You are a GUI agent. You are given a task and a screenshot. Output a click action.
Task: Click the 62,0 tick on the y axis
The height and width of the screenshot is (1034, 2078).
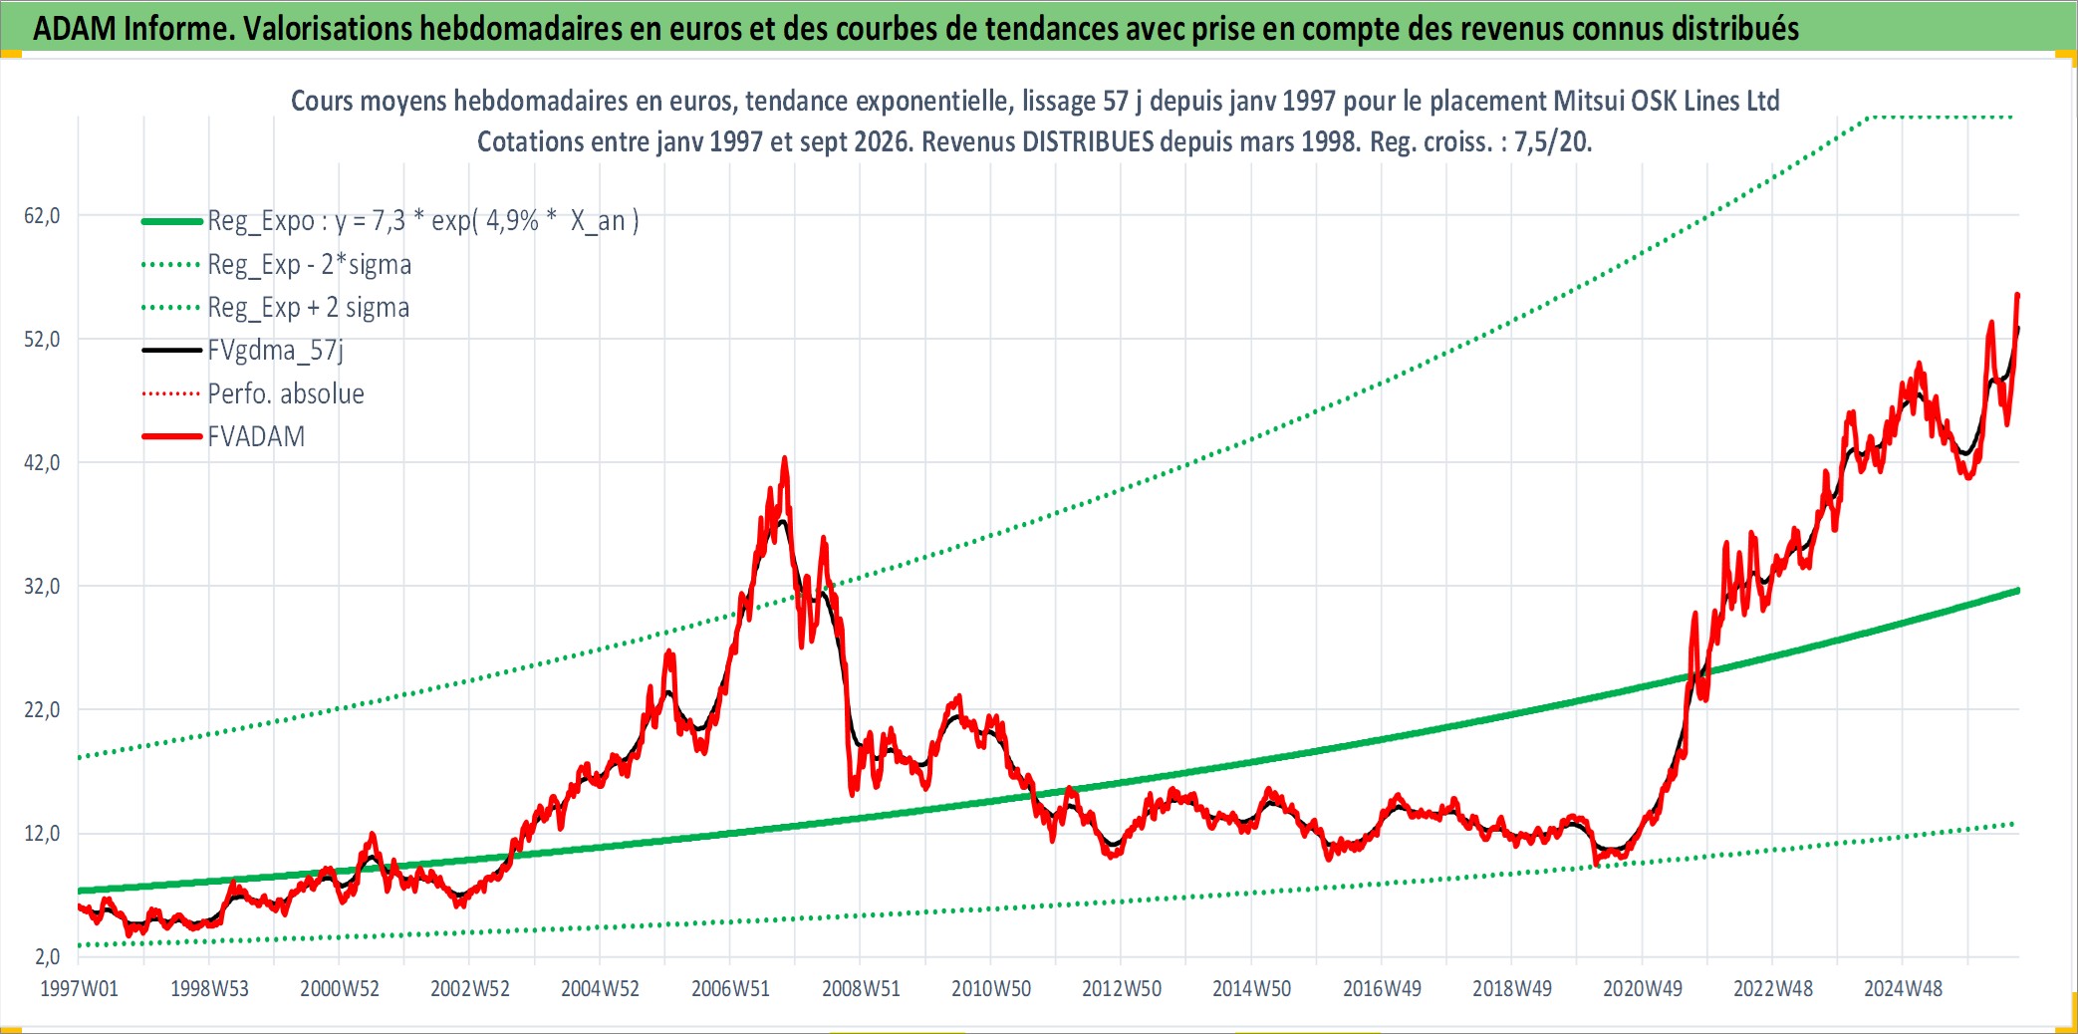click(x=42, y=216)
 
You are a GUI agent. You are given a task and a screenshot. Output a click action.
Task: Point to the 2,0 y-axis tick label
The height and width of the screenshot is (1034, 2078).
click(x=48, y=957)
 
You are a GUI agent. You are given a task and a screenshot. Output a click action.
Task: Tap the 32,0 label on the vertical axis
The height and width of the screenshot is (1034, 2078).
click(x=42, y=587)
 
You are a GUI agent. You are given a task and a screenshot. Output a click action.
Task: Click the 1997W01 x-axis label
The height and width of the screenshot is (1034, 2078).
click(x=79, y=989)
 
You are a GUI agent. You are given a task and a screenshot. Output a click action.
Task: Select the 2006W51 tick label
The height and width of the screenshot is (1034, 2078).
click(x=730, y=989)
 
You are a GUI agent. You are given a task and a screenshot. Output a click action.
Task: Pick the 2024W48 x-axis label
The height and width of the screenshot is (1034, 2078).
click(x=1903, y=989)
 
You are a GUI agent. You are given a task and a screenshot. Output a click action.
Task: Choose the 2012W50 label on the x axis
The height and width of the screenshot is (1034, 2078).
click(x=1122, y=989)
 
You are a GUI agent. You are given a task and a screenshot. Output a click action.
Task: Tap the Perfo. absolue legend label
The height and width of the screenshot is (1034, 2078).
click(x=286, y=393)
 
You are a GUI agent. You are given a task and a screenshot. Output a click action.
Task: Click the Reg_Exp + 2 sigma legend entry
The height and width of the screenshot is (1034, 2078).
click(x=309, y=308)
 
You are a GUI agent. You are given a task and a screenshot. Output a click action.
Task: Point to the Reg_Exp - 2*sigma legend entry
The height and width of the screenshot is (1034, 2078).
click(x=310, y=265)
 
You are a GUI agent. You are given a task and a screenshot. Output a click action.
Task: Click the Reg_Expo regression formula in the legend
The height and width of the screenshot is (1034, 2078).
click(x=423, y=221)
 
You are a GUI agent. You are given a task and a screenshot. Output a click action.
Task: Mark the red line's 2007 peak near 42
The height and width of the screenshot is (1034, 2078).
click(x=785, y=459)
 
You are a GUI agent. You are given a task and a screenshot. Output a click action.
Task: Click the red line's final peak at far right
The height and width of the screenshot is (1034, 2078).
click(x=2017, y=295)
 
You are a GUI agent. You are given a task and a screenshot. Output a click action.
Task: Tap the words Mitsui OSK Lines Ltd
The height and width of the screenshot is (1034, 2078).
click(x=1667, y=102)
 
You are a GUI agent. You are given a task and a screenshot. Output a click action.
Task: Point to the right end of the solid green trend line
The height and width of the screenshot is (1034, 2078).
click(x=2017, y=591)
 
